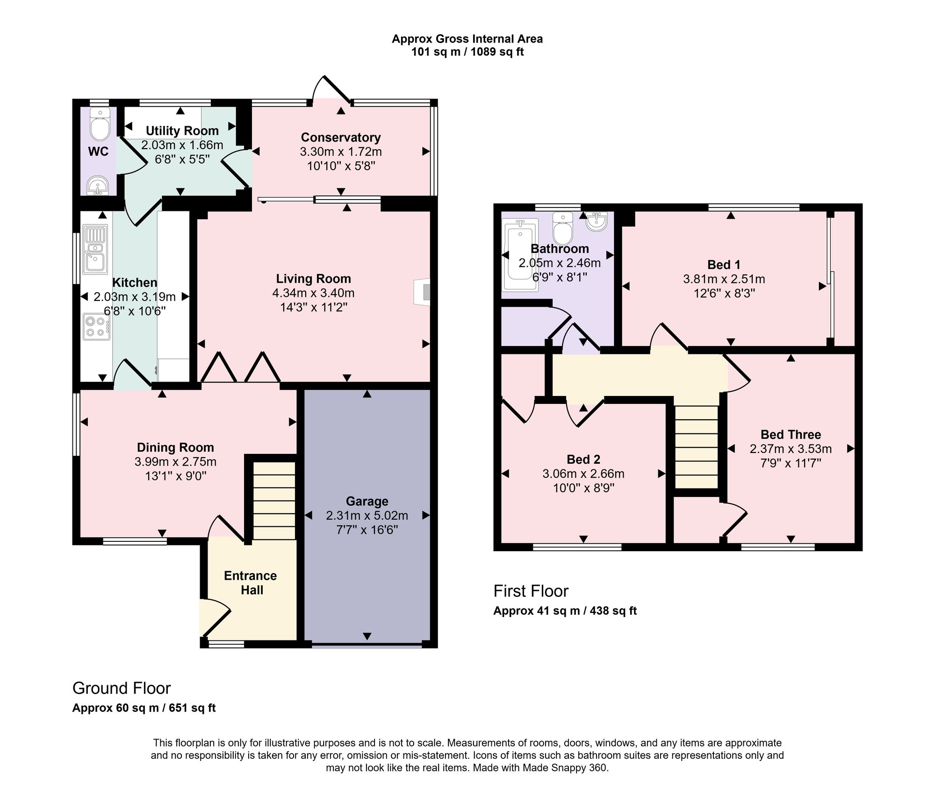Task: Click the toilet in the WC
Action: tap(100, 124)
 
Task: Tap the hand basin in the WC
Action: tap(98, 185)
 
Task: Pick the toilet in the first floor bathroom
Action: tap(563, 229)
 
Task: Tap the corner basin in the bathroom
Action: tap(596, 221)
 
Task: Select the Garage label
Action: tap(367, 501)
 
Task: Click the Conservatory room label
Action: tap(341, 137)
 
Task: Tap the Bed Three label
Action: tap(791, 434)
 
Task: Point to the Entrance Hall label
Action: tap(251, 582)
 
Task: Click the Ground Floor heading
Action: tap(122, 688)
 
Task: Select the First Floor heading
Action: tap(531, 591)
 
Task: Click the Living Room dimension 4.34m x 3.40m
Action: tap(313, 293)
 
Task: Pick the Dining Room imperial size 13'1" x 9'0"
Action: tap(175, 476)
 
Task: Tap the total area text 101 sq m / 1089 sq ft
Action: tap(467, 52)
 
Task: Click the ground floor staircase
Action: tap(274, 501)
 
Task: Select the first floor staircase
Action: tap(697, 447)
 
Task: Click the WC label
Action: tap(98, 151)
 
